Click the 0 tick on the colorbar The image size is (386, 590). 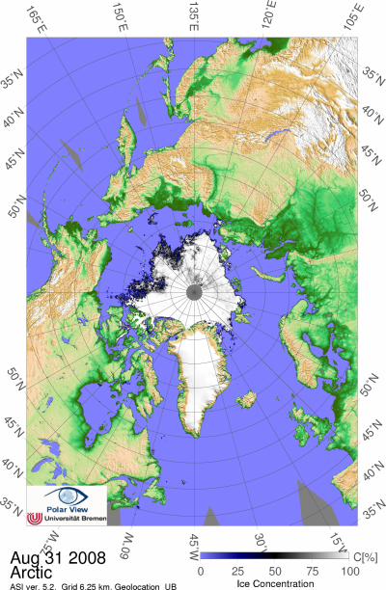pyautogui.click(x=199, y=569)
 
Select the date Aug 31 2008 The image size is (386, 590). pyautogui.click(x=47, y=557)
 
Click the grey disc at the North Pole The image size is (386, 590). pyautogui.click(x=194, y=291)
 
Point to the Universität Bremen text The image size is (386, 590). pyautogui.click(x=73, y=519)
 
